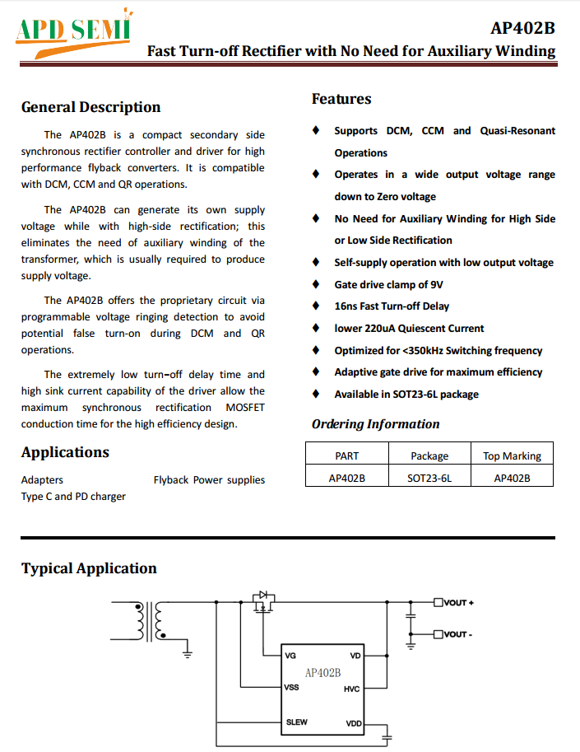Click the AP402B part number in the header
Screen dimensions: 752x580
pos(522,28)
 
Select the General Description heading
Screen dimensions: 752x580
pos(90,107)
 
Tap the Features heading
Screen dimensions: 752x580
pos(341,99)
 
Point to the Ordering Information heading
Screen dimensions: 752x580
pos(375,424)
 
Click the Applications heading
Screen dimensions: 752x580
pos(65,452)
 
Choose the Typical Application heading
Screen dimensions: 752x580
pos(89,568)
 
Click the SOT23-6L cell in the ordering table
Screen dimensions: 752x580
pos(429,477)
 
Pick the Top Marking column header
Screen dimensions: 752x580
pos(512,455)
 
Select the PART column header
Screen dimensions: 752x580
pos(347,455)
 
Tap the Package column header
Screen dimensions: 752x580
pos(429,455)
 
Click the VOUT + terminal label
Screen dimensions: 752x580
pos(458,603)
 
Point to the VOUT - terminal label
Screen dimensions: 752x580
pos(457,634)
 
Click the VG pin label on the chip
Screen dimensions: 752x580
pos(290,656)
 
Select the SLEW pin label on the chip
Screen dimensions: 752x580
pos(296,722)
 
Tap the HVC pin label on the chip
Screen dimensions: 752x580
pos(351,689)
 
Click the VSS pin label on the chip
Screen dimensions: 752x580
pos(291,686)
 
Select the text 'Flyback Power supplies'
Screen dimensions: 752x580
pos(209,479)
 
